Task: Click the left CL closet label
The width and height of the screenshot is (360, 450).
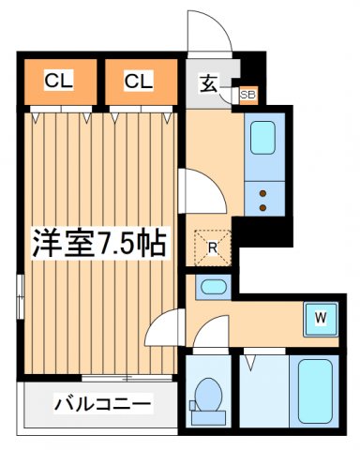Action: pos(59,81)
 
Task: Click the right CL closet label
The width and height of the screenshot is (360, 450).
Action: pos(139,81)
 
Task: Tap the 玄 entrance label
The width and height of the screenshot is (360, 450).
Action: pos(208,83)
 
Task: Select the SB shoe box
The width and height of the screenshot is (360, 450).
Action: pos(248,95)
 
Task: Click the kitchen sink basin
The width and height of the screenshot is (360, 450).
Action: pos(262,138)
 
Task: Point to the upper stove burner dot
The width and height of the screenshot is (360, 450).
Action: pos(262,193)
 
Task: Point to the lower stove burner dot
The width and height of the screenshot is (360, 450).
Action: pos(262,207)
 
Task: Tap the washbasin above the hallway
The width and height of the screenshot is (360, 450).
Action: pos(214,287)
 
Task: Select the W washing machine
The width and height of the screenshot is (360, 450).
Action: pos(321,319)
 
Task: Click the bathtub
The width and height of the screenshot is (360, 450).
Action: pos(315,391)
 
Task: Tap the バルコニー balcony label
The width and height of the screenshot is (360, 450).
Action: pos(103,404)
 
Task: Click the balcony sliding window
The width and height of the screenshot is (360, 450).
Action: pos(127,378)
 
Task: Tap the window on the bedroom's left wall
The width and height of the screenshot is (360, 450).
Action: pos(21,296)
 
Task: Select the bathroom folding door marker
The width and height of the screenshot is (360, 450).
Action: pos(250,362)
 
